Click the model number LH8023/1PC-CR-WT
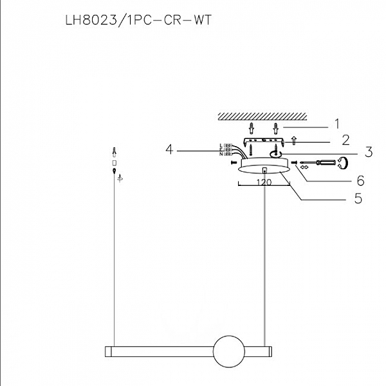click(x=138, y=20)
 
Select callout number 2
click(x=345, y=138)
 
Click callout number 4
click(x=169, y=149)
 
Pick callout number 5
click(x=358, y=198)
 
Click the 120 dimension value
click(x=264, y=183)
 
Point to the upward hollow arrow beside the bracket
click(x=293, y=139)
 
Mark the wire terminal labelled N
click(x=226, y=154)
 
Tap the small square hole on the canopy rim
click(x=264, y=170)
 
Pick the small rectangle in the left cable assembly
click(x=115, y=163)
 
